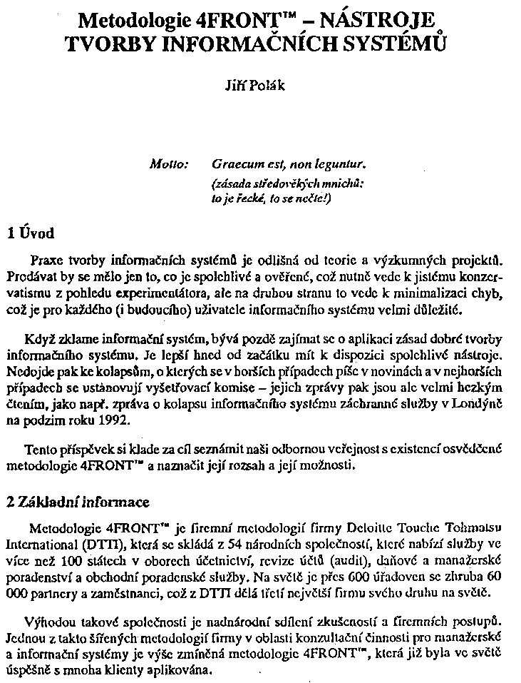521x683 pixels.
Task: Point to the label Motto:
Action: [169, 163]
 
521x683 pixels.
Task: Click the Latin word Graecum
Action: [237, 163]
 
